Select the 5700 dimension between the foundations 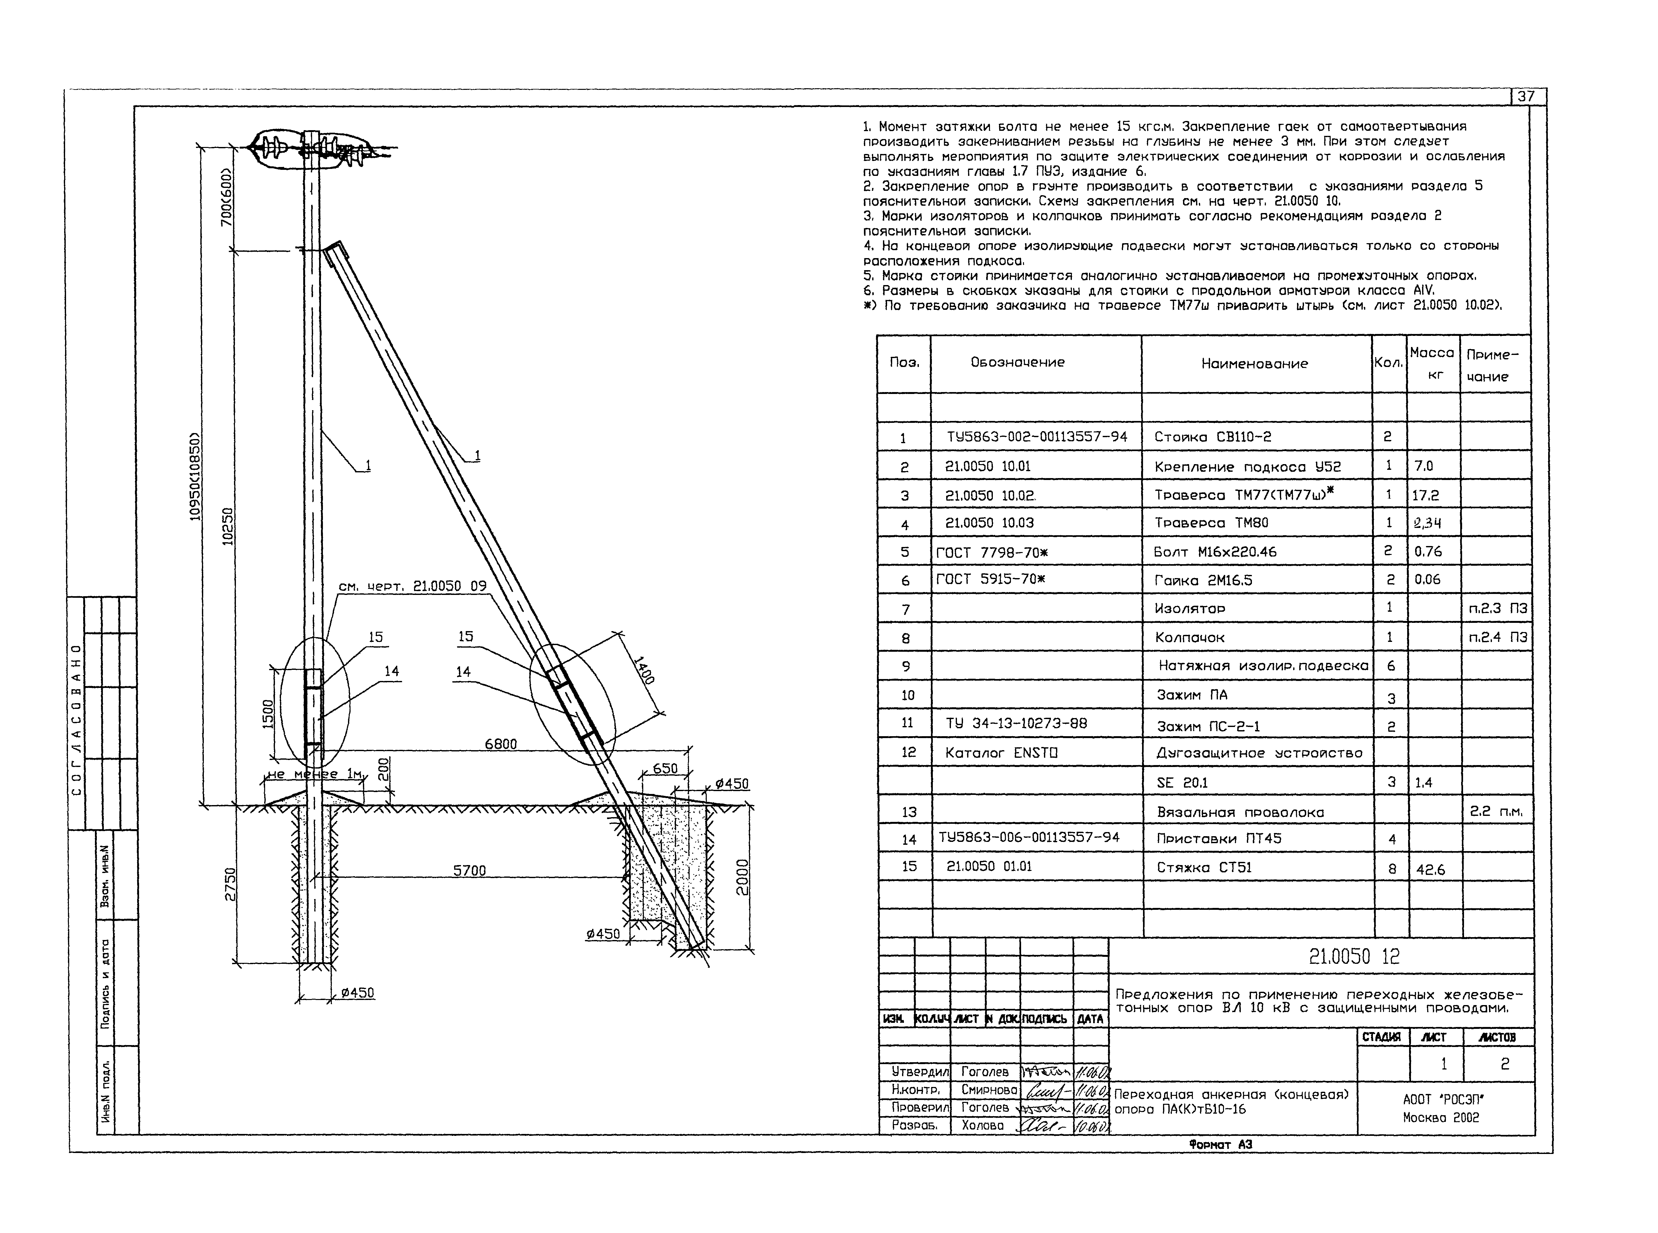pyautogui.click(x=469, y=870)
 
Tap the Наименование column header pyautogui.click(x=1254, y=363)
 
